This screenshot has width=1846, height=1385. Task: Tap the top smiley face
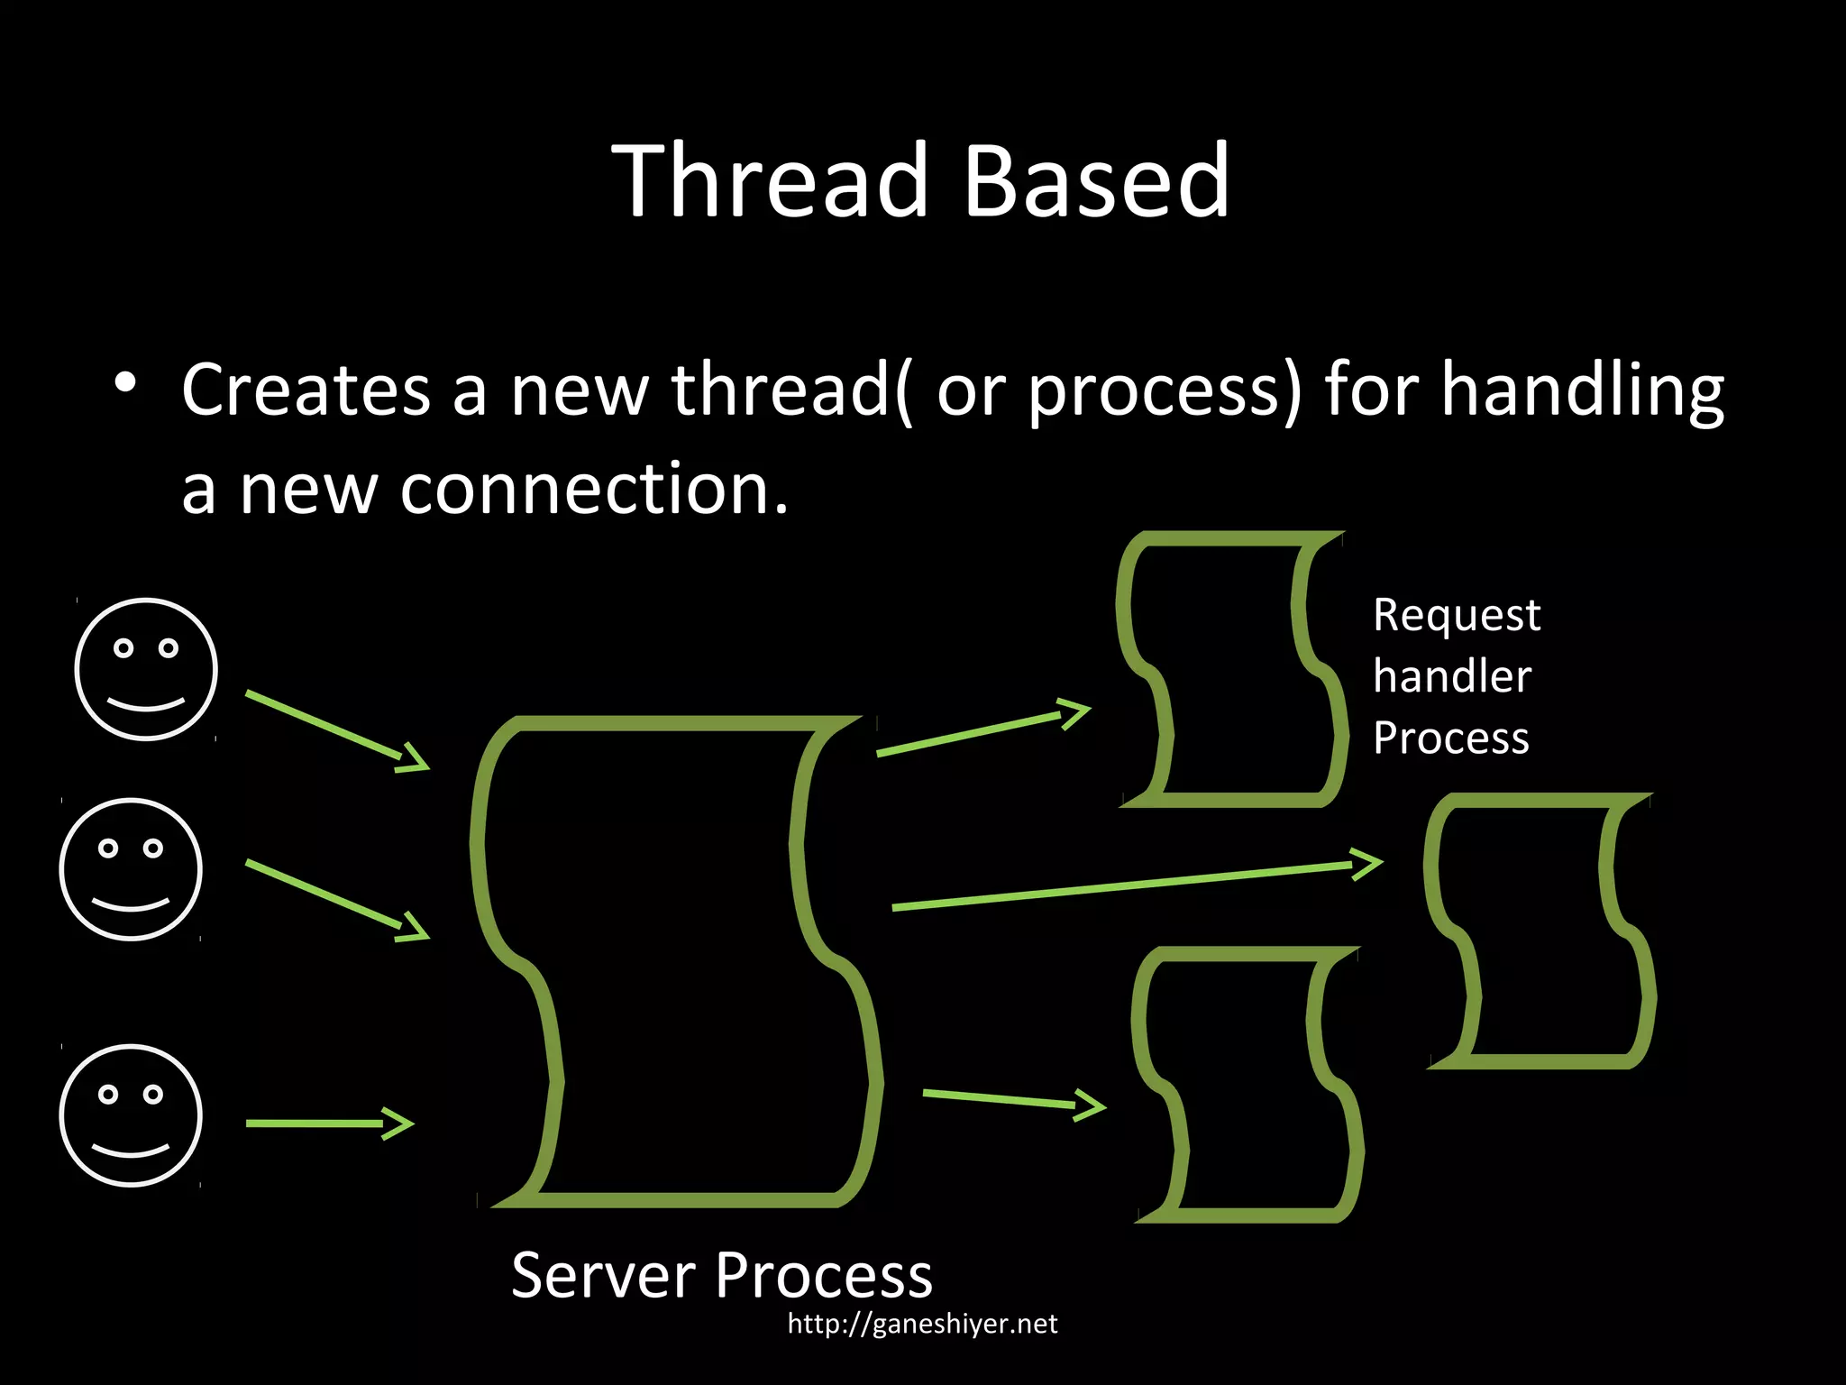pyautogui.click(x=146, y=669)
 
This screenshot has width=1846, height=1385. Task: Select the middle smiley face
pyautogui.click(x=131, y=869)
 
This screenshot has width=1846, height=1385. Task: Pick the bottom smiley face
pyautogui.click(x=131, y=1115)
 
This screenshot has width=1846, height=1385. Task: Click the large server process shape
pyautogui.click(x=676, y=960)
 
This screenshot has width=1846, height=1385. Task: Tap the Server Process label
pyautogui.click(x=721, y=1275)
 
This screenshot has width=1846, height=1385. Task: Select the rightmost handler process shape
pyautogui.click(x=1540, y=931)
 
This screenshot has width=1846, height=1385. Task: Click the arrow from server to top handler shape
pyautogui.click(x=982, y=728)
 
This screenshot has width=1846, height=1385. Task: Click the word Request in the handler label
pyautogui.click(x=1457, y=616)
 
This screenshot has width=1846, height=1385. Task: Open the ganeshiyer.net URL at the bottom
pyautogui.click(x=922, y=1324)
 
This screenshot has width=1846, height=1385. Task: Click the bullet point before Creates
pyautogui.click(x=125, y=382)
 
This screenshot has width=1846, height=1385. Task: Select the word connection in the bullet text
pyautogui.click(x=594, y=490)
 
